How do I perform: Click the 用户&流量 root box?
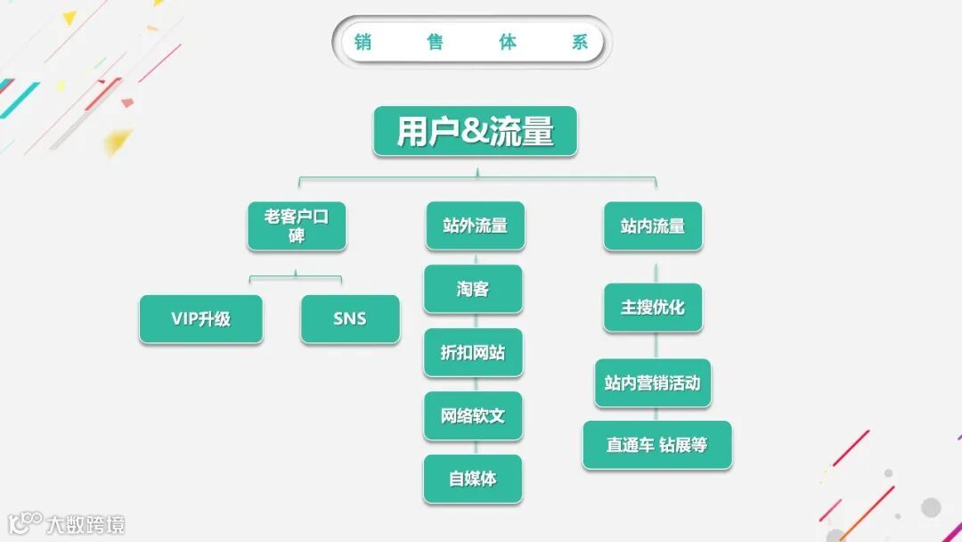[x=475, y=132]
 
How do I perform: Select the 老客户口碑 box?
[x=296, y=226]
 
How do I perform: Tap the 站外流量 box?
[x=475, y=226]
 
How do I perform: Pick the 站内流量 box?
[x=653, y=226]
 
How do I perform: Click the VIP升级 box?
[x=200, y=319]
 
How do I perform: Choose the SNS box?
[x=349, y=319]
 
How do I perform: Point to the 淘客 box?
[x=473, y=289]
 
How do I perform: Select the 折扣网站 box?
[x=473, y=352]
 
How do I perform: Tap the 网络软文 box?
[x=473, y=415]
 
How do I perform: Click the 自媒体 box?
[x=473, y=479]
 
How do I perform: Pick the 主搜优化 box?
[x=653, y=308]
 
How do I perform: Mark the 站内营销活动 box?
[x=653, y=383]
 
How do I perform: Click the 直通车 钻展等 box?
[x=657, y=445]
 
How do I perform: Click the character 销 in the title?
[x=363, y=42]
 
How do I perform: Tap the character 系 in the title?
[x=580, y=42]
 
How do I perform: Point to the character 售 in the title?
[x=435, y=42]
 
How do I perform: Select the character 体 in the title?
[x=508, y=42]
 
